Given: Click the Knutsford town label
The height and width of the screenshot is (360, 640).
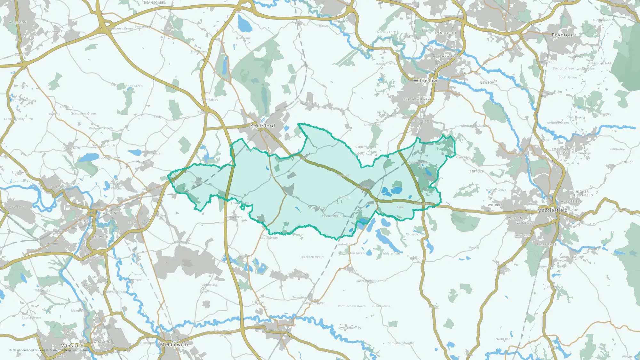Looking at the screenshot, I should click(x=262, y=126).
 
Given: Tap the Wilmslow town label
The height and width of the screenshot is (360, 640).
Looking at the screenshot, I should click(x=425, y=81).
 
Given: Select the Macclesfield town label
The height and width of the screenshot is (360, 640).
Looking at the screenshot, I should click(x=552, y=210).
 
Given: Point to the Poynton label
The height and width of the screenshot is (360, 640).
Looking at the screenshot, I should click(x=562, y=35).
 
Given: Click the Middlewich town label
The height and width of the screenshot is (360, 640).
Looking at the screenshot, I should click(x=174, y=344).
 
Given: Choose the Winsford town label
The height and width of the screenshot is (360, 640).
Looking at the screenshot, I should click(x=72, y=346).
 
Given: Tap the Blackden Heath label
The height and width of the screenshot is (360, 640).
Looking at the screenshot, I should click(x=312, y=257).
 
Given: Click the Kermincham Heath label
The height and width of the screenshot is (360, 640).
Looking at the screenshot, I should click(x=351, y=306).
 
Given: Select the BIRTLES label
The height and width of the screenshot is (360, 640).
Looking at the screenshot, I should click(x=476, y=172).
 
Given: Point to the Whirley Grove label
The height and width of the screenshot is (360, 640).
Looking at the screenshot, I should click(x=496, y=190).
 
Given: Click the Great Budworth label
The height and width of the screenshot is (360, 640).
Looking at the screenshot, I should click(x=103, y=145).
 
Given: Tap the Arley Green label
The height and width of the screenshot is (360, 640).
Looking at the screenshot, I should click(x=134, y=86).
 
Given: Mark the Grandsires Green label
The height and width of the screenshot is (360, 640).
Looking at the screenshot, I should click(x=83, y=113).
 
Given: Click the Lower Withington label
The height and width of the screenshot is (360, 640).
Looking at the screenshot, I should click(x=368, y=281).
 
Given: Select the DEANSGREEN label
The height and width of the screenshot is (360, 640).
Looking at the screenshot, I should click(x=155, y=3).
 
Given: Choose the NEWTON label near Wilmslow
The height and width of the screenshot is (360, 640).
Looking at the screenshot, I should click(x=487, y=83).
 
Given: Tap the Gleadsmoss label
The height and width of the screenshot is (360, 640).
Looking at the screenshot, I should click(x=381, y=306).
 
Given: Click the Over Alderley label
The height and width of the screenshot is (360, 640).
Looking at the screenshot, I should click(x=466, y=157).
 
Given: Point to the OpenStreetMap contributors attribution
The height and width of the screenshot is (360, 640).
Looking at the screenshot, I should click(x=67, y=350).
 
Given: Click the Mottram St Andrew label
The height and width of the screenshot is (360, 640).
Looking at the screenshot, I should click(x=475, y=126).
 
